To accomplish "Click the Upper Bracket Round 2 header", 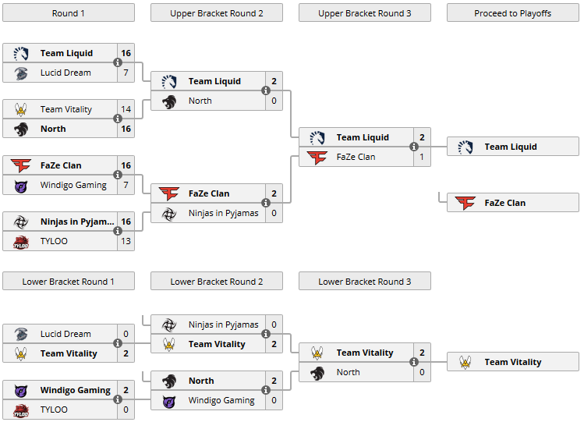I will [216, 13].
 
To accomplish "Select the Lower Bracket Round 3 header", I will [364, 282].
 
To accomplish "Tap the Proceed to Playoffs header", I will [512, 13].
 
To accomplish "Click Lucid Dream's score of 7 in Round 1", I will [126, 73].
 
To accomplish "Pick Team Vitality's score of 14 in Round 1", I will [126, 110].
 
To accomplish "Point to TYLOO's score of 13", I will [126, 241].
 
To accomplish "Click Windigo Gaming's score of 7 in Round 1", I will [126, 185].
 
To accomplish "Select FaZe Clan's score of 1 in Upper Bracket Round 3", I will [422, 157].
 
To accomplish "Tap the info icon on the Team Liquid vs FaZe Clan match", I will [414, 147].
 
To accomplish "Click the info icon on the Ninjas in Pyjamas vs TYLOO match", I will [118, 231].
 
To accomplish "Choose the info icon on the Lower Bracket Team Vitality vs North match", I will [414, 362].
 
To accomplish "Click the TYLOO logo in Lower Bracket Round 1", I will [21, 410].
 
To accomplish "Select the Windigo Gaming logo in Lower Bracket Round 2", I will [169, 400].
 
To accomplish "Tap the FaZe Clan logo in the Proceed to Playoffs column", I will [465, 203].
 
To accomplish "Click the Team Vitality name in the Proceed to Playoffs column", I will [512, 362].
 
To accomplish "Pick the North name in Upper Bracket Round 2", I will [200, 101].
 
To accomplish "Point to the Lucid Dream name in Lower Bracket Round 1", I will [65, 334].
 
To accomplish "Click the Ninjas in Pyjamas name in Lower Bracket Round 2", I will [223, 324].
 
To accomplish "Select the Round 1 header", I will [68, 13].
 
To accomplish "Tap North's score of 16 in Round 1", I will [126, 129].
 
